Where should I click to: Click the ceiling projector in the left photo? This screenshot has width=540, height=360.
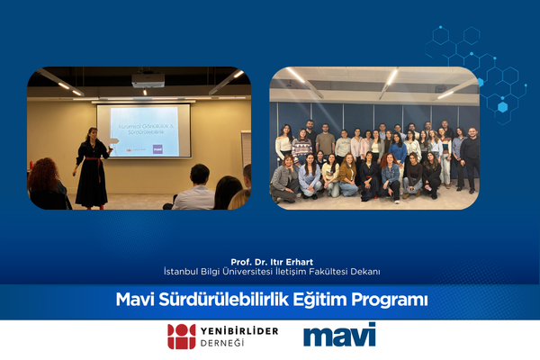click(148, 80)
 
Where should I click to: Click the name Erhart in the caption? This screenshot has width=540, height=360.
click(296, 262)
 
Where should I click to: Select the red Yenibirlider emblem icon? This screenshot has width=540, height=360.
click(180, 336)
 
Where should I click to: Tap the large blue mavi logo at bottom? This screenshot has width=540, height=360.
click(339, 335)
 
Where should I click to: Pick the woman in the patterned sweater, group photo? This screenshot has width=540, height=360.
click(302, 148)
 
